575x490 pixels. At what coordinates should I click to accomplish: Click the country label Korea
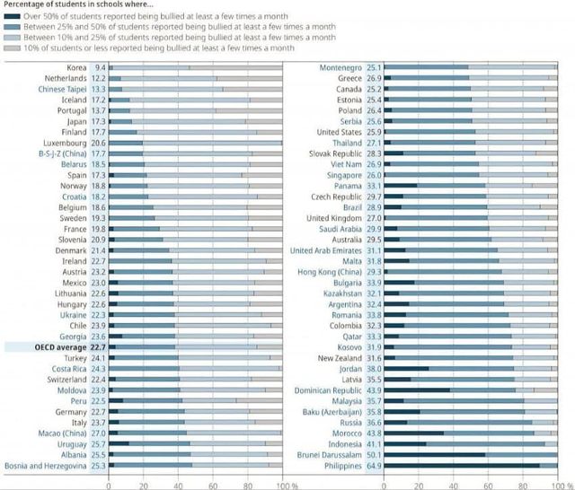coord(77,67)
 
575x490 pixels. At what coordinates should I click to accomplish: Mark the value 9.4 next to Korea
coord(100,67)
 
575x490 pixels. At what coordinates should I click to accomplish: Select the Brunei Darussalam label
coord(330,454)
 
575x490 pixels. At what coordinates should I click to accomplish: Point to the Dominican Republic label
coord(328,389)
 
